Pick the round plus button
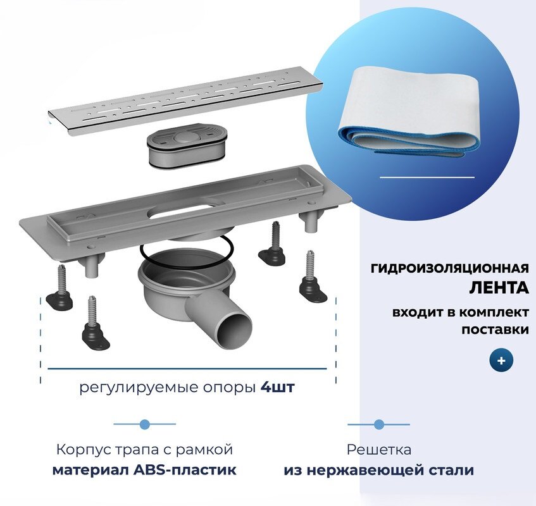501,361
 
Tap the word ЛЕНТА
499,288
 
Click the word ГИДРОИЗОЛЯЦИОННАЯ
449,268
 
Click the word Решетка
378,450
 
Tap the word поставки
495,330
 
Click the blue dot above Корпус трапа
144,424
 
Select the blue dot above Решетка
378,424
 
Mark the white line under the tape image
427,178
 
